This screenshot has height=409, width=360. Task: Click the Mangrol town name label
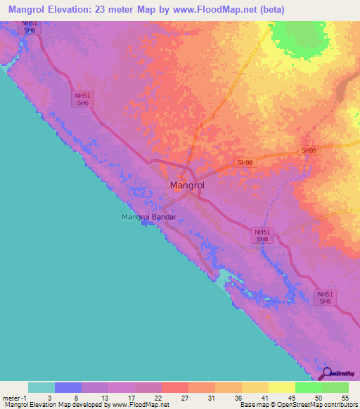pos(187,186)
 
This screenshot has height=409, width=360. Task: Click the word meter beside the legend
pos(11,397)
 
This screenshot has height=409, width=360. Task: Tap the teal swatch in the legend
pos(41,387)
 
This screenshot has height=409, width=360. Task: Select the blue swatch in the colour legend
pos(68,387)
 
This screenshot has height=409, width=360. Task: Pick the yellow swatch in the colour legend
pos(282,387)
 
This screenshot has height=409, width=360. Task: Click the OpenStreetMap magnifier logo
pos(326,374)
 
